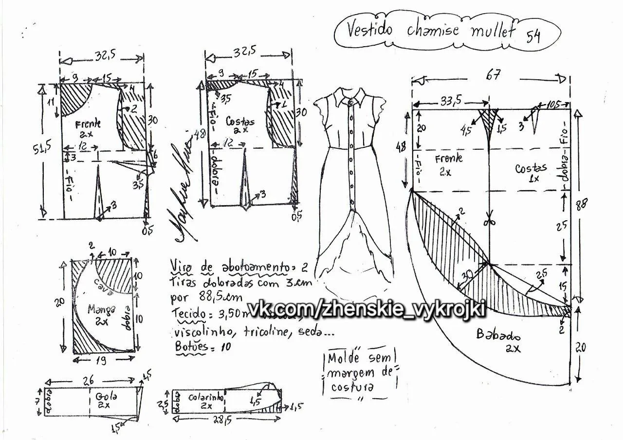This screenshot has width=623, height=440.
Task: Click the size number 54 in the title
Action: click(533, 36)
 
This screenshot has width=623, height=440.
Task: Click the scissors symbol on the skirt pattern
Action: click(489, 220)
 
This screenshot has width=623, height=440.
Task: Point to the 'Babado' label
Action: click(498, 335)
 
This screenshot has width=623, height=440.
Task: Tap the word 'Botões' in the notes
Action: click(190, 347)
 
